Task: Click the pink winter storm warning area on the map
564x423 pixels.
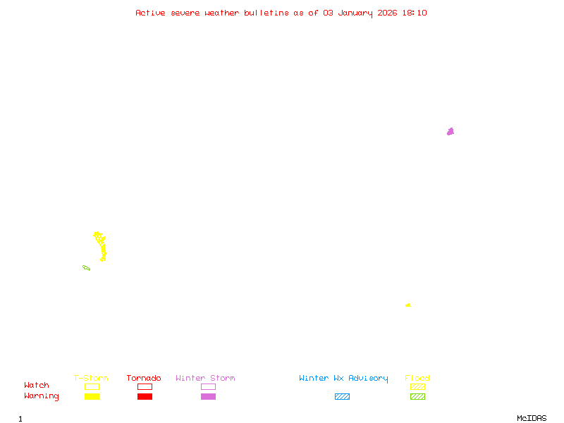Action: pyautogui.click(x=450, y=131)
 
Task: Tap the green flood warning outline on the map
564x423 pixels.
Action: pyautogui.click(x=86, y=268)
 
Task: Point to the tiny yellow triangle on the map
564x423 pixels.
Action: pyautogui.click(x=408, y=305)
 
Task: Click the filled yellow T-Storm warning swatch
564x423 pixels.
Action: pyautogui.click(x=92, y=397)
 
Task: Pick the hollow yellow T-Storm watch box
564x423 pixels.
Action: pyautogui.click(x=92, y=386)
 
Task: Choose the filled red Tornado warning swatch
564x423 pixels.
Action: pyautogui.click(x=145, y=397)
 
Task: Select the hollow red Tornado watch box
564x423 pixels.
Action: pyautogui.click(x=145, y=386)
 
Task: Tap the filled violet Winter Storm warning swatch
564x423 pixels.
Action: pyautogui.click(x=208, y=397)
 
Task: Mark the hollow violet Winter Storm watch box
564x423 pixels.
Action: pyautogui.click(x=208, y=386)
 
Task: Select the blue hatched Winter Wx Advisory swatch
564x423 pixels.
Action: pyautogui.click(x=342, y=397)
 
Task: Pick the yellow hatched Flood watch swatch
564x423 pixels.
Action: pyautogui.click(x=417, y=386)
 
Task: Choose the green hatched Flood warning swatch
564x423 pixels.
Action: pyautogui.click(x=417, y=397)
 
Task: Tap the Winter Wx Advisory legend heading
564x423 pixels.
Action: pyautogui.click(x=343, y=379)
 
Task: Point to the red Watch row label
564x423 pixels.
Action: pyautogui.click(x=37, y=386)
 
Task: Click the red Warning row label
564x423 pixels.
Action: pyautogui.click(x=42, y=396)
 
